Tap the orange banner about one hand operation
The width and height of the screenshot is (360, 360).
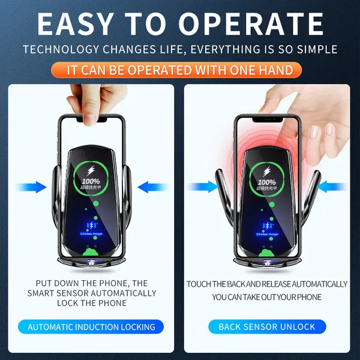tap(180, 70)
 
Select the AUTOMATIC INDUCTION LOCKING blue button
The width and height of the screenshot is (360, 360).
tap(91, 327)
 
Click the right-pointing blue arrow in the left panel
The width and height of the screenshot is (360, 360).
tap(33, 188)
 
